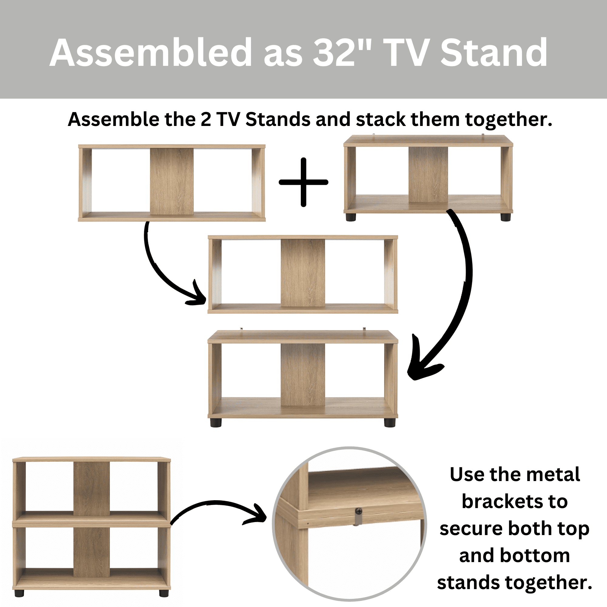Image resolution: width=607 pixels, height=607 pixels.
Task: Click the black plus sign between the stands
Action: [303, 182]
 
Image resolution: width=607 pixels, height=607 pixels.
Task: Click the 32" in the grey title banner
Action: [342, 53]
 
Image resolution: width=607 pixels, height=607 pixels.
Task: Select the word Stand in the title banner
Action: [494, 53]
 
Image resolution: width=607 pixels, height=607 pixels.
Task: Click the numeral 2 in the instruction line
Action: [206, 120]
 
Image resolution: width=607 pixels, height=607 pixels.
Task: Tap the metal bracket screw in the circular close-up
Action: [359, 512]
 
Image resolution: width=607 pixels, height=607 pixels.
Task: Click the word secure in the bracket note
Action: [471, 529]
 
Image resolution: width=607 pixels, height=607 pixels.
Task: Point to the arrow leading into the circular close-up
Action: [215, 503]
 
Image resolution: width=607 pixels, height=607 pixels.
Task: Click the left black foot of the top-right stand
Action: [351, 217]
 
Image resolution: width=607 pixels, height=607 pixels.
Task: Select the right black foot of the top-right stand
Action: [506, 217]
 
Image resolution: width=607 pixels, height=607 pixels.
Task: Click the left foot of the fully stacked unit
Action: [19, 593]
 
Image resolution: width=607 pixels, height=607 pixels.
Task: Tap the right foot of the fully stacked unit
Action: [164, 593]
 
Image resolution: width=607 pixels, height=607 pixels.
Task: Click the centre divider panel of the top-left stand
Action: [171, 181]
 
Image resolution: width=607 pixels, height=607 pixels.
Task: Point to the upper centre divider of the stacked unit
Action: [92, 489]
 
